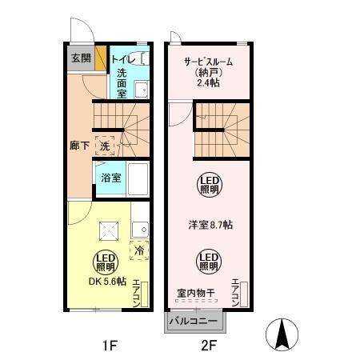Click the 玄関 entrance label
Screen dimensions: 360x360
(80, 58)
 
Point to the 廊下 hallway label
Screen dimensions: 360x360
(79, 146)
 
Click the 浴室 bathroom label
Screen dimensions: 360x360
(111, 177)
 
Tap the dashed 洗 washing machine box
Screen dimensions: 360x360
(105, 146)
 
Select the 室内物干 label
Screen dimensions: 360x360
(195, 292)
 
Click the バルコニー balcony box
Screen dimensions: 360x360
(196, 322)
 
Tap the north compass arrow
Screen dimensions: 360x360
(283, 333)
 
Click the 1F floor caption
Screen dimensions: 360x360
(109, 346)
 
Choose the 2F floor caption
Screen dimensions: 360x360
(208, 346)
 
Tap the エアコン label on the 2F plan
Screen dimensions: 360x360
(235, 292)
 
